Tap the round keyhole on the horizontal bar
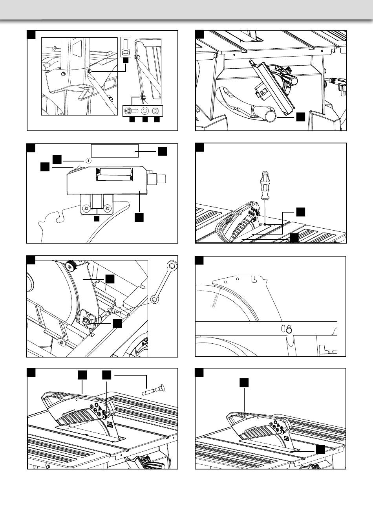(289, 330)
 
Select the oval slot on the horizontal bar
(283, 328)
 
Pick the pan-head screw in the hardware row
(130, 110)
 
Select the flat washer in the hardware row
(145, 110)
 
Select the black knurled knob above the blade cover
(71, 266)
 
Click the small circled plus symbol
(88, 160)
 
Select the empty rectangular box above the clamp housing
(115, 150)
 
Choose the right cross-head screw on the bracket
(106, 206)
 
